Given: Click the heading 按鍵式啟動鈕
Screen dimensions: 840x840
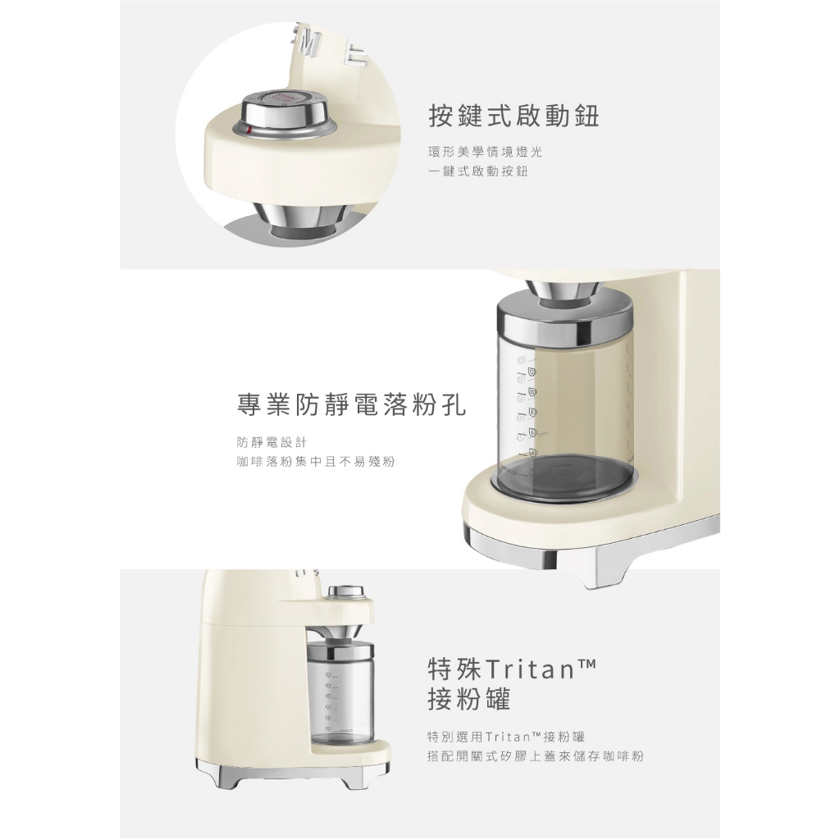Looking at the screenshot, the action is pos(514,116).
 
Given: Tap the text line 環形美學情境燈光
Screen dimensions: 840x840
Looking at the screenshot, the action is pos(486,152).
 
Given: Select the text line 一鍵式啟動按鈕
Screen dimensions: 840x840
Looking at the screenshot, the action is pos(478,171).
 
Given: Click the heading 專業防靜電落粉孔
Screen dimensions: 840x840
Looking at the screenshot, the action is pos(351,404).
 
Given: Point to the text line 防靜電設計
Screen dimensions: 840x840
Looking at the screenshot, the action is pos(272,442).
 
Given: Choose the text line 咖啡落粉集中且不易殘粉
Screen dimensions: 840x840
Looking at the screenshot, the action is pos(316,462).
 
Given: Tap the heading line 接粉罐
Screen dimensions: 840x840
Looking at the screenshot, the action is pos(469,699).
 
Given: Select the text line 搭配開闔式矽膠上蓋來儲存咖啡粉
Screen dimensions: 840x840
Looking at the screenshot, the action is pos(536,756).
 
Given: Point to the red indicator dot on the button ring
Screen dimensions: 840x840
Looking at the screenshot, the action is pos(249,130).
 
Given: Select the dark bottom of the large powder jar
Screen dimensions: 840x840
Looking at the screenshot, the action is pos(565,475).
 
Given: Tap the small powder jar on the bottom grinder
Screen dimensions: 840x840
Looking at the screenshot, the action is pos(340,694).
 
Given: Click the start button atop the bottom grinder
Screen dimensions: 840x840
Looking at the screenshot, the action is pos(345,592).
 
